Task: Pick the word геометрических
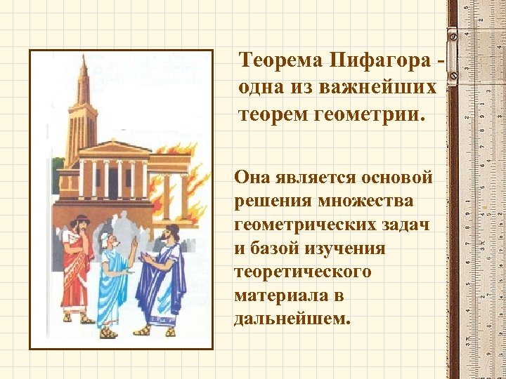tap(299, 225)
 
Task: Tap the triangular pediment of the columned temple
tap(114, 148)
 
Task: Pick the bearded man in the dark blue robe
tap(164, 277)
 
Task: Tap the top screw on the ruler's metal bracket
tap(452, 34)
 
